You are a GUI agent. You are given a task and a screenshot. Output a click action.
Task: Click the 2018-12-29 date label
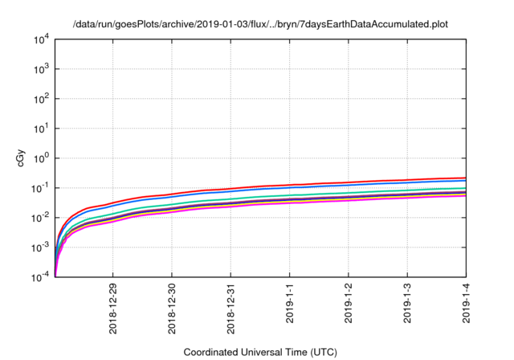(x=113, y=305)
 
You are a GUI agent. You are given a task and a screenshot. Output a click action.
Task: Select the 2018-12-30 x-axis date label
(x=172, y=305)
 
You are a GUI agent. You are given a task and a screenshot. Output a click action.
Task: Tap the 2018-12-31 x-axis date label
(x=230, y=305)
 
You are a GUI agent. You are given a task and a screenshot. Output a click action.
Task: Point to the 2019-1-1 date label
(x=289, y=301)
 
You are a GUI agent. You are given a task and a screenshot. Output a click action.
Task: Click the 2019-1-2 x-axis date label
(x=348, y=301)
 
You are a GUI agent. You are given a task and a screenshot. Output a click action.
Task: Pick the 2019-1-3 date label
(x=406, y=301)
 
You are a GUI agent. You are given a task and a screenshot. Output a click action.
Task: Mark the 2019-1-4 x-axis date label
(x=465, y=301)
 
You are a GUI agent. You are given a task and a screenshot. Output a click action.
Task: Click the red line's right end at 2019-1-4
(x=464, y=178)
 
